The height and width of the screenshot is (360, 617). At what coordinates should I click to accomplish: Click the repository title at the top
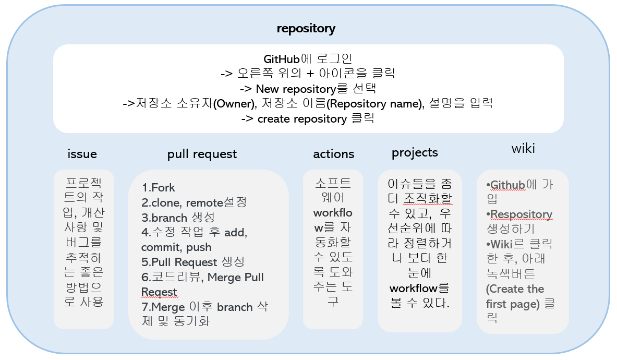pos(306,29)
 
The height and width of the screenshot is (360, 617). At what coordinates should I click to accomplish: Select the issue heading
pos(82,154)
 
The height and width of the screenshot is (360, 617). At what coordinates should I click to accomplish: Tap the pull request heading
pos(202,154)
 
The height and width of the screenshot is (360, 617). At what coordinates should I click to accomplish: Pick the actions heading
pos(334,154)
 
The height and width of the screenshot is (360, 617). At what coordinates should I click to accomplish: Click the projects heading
pos(415,153)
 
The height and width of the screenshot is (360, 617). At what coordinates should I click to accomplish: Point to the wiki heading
pos(523,148)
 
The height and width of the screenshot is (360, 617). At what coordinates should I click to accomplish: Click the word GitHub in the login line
pos(282,59)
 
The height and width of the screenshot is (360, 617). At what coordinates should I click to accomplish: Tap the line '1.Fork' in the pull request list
pos(158,188)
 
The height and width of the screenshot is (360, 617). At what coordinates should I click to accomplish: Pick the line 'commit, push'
pos(176,247)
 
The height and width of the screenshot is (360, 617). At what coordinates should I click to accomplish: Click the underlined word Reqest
pos(159,292)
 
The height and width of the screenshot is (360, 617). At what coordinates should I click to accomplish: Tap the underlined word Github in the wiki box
pos(507,185)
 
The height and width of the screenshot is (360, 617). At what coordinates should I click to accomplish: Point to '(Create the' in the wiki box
pos(515,289)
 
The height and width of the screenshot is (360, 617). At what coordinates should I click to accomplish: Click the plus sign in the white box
pos(310,74)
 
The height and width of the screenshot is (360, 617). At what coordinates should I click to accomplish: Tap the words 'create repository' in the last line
pos(302,119)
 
